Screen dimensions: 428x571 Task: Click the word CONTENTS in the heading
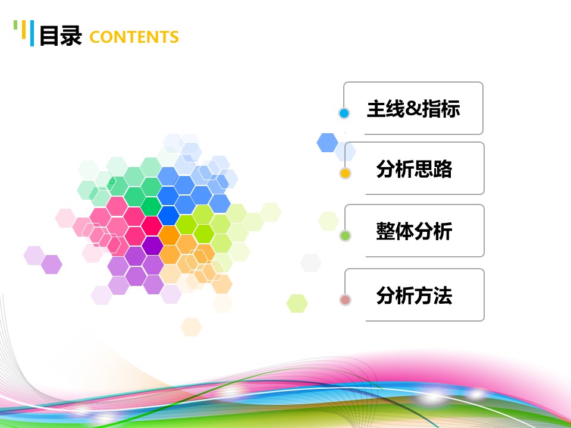[x=134, y=37]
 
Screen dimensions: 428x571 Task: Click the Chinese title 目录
[x=60, y=36]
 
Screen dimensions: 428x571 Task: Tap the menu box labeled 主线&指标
[x=413, y=109]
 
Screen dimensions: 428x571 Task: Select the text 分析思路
[x=414, y=169]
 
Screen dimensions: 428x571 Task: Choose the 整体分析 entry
[x=414, y=231]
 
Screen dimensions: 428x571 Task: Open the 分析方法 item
[x=414, y=295]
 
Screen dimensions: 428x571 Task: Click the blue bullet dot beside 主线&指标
[x=344, y=113]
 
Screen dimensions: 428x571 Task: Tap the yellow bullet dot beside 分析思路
[x=344, y=174]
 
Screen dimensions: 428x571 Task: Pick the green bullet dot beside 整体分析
[x=345, y=236]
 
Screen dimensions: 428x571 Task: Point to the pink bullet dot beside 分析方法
[x=345, y=300]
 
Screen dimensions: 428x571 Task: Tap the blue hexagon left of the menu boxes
[x=327, y=143]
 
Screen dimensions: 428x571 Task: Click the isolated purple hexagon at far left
[x=52, y=265]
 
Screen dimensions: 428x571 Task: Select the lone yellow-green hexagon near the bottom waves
[x=297, y=303]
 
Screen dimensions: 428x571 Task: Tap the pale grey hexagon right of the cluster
[x=310, y=262]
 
